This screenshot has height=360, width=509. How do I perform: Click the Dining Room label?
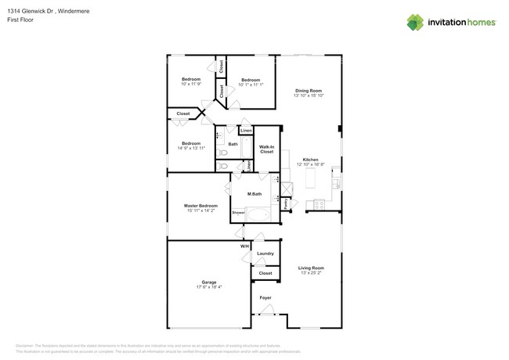tap(308, 91)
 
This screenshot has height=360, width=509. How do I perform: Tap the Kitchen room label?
tap(310, 160)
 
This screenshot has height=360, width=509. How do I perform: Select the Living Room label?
tap(310, 268)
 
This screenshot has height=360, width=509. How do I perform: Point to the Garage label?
tap(208, 282)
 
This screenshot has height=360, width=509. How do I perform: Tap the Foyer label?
tap(265, 297)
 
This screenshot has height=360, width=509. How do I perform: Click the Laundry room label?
tap(265, 254)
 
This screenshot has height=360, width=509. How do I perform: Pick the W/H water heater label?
tap(244, 247)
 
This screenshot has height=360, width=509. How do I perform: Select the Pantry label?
tap(286, 203)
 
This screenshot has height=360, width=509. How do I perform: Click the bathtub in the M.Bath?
tap(258, 213)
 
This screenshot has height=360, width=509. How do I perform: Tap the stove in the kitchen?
tap(319, 204)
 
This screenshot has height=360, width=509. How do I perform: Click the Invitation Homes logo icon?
tap(414, 23)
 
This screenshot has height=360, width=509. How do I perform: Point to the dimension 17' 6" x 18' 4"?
tap(208, 287)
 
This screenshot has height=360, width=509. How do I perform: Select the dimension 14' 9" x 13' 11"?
tap(191, 149)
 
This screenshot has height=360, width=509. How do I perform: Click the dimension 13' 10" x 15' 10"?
tap(308, 95)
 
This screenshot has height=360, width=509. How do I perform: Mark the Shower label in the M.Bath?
tap(238, 212)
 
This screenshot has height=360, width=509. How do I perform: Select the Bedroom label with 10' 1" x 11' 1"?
tap(251, 80)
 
